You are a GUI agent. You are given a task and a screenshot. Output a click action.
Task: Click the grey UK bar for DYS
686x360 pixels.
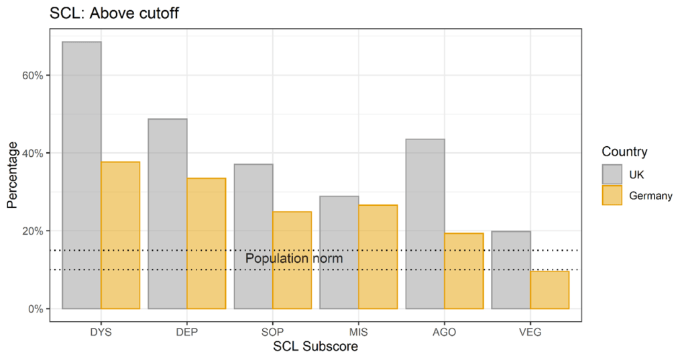[82, 175]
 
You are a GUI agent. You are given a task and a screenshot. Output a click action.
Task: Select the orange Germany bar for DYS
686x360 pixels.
[120, 235]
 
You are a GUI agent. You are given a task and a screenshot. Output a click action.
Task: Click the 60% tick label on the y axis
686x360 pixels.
[31, 75]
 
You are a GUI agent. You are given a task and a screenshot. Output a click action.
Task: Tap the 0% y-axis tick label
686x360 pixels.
[34, 309]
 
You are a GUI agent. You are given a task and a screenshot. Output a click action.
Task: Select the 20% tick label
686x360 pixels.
[31, 231]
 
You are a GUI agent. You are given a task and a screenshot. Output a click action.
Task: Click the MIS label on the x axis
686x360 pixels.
[358, 332]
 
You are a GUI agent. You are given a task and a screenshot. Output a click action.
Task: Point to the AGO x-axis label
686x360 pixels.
[444, 332]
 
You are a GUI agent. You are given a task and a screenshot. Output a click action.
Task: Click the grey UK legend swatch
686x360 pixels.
[612, 174]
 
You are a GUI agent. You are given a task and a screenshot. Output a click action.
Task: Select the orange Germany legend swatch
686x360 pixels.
[612, 195]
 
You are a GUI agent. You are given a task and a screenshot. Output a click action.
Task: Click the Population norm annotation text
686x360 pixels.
[294, 259]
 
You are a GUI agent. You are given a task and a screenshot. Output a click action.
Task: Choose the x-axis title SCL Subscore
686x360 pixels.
[315, 347]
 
